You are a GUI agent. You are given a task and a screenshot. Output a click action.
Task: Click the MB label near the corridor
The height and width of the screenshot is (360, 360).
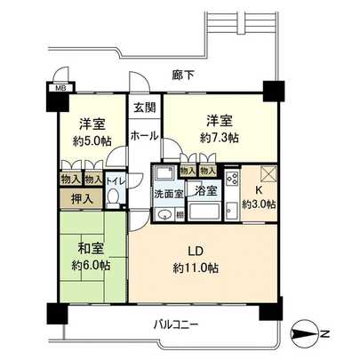point(60,89)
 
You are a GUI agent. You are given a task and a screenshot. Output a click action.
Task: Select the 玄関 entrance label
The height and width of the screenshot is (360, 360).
point(143,108)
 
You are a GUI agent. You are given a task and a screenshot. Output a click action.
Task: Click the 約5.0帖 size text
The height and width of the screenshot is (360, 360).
point(88,140)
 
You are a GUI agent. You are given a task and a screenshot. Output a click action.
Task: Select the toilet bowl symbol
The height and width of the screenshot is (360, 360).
point(112,197)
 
